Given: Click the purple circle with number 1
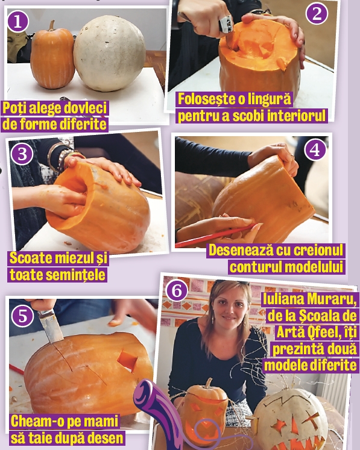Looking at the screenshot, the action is point(18,22).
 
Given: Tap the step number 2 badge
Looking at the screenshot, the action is point(317,13).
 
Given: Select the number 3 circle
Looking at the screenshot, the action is point(22,154).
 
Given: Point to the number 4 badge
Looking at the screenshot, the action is point(315,149).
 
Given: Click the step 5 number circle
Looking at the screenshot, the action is point(22,316).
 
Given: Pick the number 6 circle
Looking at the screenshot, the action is point(177,291).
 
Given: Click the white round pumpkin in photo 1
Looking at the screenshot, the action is point(110,54).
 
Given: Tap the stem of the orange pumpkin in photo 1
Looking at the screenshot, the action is point(52,25).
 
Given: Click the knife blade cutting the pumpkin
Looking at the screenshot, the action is point(51,327).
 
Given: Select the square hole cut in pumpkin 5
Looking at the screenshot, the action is point(127,361).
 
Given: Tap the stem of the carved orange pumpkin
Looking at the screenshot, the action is point(208,383).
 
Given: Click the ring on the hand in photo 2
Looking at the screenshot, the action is point(226,23).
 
